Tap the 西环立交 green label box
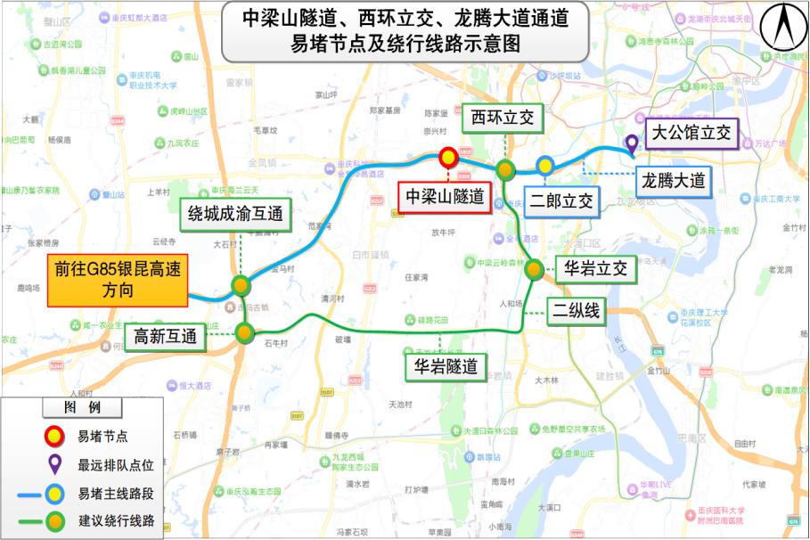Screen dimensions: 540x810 pyautogui.click(x=505, y=118)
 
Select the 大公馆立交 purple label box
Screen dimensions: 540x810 pyautogui.click(x=691, y=134)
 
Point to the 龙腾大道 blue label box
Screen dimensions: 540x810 pyautogui.click(x=673, y=181)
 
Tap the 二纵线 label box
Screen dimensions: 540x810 pyautogui.click(x=577, y=310)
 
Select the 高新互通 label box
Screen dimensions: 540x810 pyautogui.click(x=165, y=337)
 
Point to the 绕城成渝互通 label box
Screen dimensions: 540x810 pyautogui.click(x=235, y=213)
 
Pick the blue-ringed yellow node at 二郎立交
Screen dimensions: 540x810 pyautogui.click(x=544, y=165)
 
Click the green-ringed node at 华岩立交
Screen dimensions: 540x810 pyautogui.click(x=534, y=271)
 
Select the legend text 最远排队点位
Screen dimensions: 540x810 pyautogui.click(x=116, y=464)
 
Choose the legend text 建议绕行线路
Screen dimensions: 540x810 pyautogui.click(x=116, y=520)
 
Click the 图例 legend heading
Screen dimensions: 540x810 pyautogui.click(x=82, y=407)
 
